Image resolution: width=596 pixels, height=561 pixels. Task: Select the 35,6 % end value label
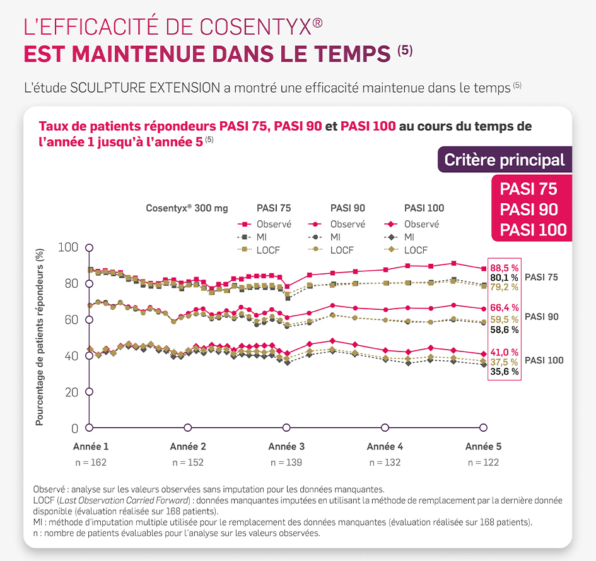click(504, 372)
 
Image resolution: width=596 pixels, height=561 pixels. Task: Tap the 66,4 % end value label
click(504, 307)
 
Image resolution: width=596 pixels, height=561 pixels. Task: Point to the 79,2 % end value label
click(504, 287)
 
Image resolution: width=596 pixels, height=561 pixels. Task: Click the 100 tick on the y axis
click(67, 247)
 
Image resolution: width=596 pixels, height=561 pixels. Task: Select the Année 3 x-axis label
click(286, 446)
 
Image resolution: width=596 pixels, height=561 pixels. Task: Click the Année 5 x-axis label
click(483, 446)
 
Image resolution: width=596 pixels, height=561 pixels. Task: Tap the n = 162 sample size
click(90, 462)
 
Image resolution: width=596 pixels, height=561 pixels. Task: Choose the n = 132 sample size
click(385, 462)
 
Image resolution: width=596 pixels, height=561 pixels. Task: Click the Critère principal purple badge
click(505, 160)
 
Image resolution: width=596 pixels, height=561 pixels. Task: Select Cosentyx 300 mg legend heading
click(187, 208)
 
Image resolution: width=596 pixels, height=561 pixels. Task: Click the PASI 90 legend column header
click(348, 208)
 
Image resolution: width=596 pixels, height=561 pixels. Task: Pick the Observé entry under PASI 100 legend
click(421, 224)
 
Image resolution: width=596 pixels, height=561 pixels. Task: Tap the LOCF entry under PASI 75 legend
click(268, 250)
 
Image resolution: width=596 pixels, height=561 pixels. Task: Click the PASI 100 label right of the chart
click(544, 360)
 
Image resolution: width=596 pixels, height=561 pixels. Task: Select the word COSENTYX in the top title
click(255, 27)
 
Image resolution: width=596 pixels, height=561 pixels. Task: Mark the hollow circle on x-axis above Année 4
click(385, 428)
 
